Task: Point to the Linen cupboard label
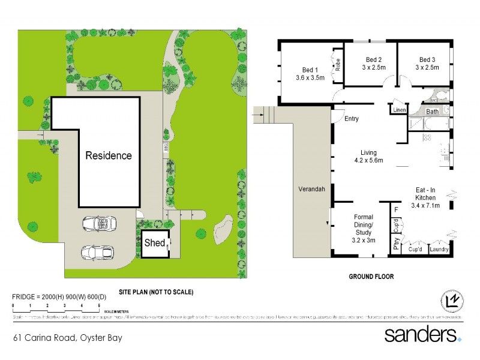(x=399, y=110)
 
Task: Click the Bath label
(x=432, y=112)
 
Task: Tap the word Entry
(x=352, y=119)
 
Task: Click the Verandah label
(x=311, y=189)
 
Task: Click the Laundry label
(x=440, y=249)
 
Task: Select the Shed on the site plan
(x=154, y=243)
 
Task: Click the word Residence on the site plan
(x=108, y=155)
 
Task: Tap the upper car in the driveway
(x=99, y=224)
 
